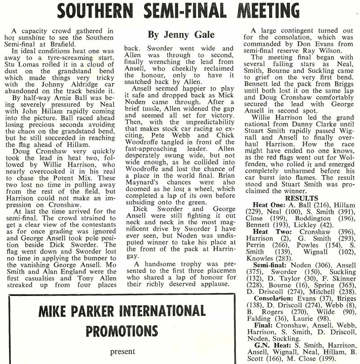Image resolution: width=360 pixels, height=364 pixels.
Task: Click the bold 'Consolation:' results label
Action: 273,298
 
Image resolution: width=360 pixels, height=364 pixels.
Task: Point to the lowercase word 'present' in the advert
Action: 122,351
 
